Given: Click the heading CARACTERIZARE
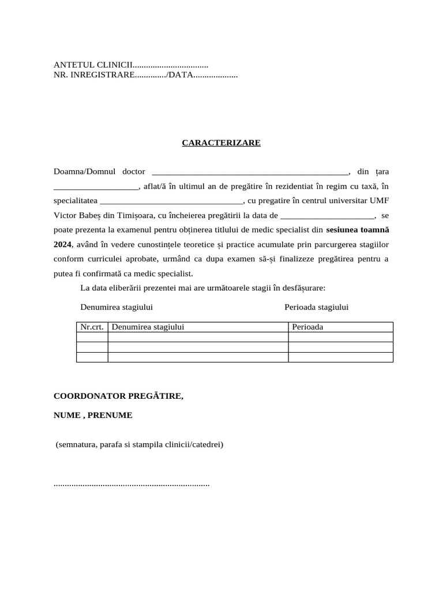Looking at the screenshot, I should [x=221, y=143].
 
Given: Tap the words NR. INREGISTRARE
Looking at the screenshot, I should [x=93, y=75].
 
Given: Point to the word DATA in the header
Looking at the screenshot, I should [x=180, y=75].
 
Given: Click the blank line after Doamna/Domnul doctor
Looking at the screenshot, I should [x=249, y=172].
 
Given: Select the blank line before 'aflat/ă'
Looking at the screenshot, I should [x=96, y=186].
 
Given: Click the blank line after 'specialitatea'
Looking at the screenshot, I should [x=171, y=201].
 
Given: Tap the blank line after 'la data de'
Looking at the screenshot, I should [x=327, y=215].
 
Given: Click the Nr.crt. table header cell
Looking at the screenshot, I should [x=92, y=327].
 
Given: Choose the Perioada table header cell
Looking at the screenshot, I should [x=307, y=327].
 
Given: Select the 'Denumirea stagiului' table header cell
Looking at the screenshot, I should [x=148, y=327].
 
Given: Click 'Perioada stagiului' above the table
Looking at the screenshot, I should [x=316, y=307].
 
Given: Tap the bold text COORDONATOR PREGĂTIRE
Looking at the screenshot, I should [x=118, y=397].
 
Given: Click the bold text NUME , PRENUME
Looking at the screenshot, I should [x=93, y=415].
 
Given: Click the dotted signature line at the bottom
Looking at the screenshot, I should [x=132, y=484].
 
